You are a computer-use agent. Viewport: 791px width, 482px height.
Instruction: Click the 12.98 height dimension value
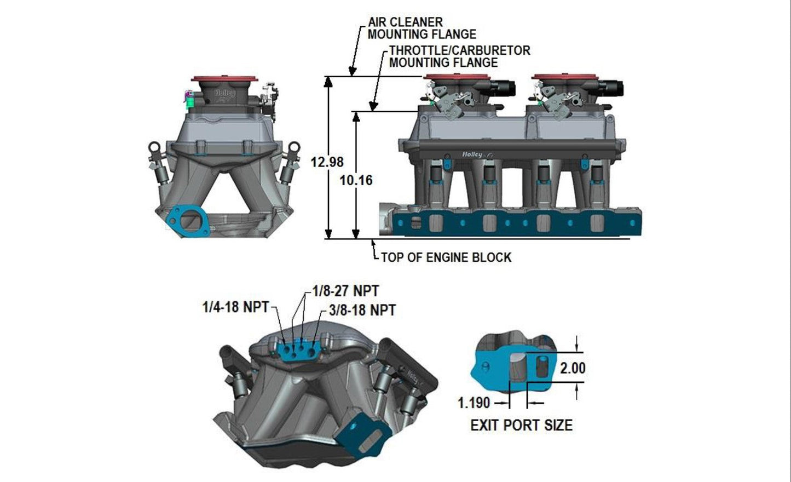pyautogui.click(x=327, y=162)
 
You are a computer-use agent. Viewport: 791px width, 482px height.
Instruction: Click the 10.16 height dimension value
pyautogui.click(x=356, y=180)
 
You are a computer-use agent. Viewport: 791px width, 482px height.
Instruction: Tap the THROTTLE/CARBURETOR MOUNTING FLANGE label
pyautogui.click(x=459, y=56)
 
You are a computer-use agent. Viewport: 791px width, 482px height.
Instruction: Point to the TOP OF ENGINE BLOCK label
pyautogui.click(x=446, y=257)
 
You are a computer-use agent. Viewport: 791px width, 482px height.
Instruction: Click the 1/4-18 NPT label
pyautogui.click(x=235, y=307)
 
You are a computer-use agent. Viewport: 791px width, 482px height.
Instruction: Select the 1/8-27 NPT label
pyautogui.click(x=345, y=290)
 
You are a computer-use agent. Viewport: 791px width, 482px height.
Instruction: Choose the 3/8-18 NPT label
pyautogui.click(x=362, y=310)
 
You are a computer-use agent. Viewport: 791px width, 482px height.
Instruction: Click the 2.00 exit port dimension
pyautogui.click(x=573, y=368)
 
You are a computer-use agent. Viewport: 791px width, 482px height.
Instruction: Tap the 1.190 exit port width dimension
pyautogui.click(x=474, y=403)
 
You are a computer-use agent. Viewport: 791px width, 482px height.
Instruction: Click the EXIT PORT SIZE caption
pyautogui.click(x=521, y=425)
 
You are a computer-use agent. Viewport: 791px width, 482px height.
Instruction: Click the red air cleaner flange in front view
pyautogui.click(x=225, y=80)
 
